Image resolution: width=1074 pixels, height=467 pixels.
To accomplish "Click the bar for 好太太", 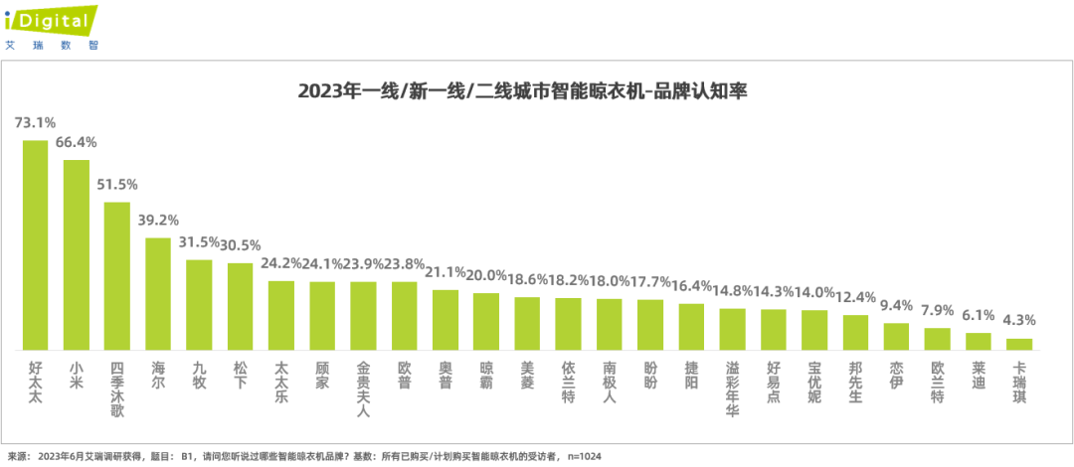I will click(x=35, y=244).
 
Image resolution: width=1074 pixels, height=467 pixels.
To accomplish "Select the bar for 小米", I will click(x=77, y=254).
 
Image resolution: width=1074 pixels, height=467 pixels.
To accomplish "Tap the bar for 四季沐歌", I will click(x=117, y=275).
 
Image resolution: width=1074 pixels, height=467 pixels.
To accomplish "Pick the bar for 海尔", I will click(x=158, y=293).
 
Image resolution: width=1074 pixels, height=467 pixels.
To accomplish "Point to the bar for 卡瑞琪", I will click(x=1019, y=344).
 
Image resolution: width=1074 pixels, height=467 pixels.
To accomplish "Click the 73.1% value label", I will click(x=35, y=123).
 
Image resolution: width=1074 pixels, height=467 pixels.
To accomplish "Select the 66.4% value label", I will click(x=77, y=142).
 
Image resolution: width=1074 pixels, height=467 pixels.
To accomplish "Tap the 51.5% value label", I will click(x=117, y=185).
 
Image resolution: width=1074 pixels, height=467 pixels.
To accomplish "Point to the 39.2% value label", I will click(x=158, y=221).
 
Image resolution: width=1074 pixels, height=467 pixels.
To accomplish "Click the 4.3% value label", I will click(x=1019, y=320).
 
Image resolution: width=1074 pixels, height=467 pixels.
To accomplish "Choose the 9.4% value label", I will click(x=896, y=305).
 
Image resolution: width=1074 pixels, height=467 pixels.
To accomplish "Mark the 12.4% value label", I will click(x=855, y=297).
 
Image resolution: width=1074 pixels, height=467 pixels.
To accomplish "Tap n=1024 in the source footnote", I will click(x=585, y=456).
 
